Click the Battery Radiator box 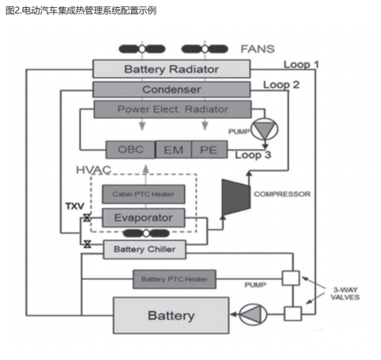(171, 69)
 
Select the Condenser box (171, 89)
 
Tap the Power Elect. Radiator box (171, 109)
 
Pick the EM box (172, 149)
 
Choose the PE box (207, 149)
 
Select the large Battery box (171, 316)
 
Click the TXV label (74, 206)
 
